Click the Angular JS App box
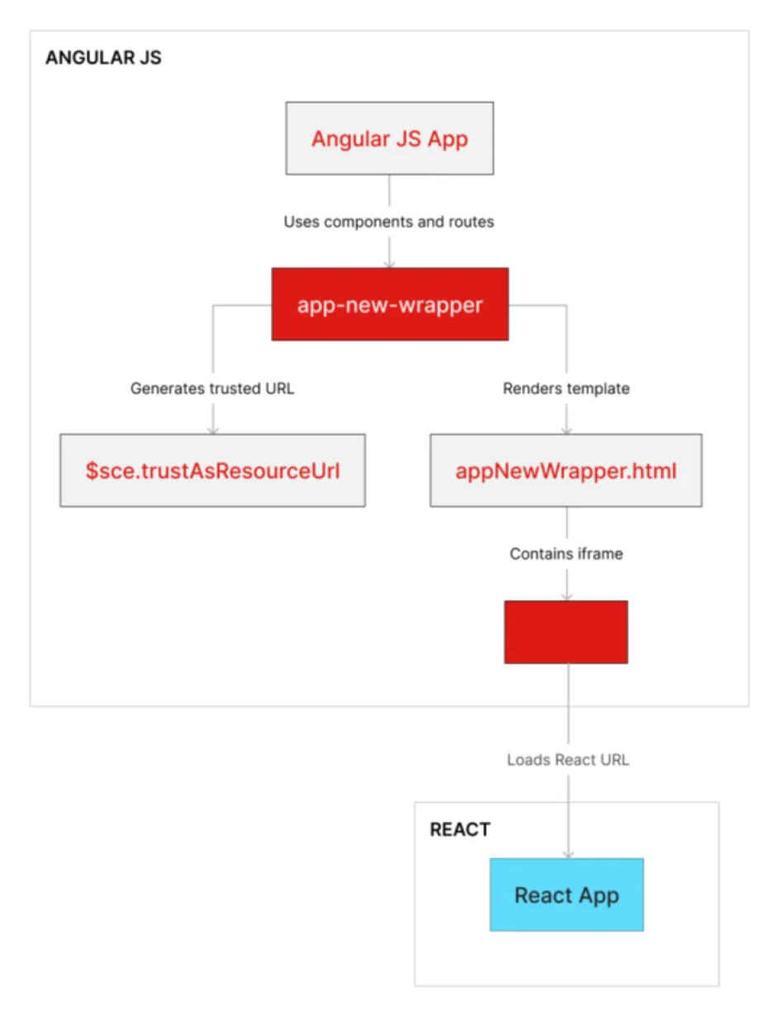coord(389,138)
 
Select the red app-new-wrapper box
coord(389,304)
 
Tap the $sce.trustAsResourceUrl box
coord(212,470)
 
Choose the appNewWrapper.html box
coord(566,470)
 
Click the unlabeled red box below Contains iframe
coord(566,631)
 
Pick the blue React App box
coord(566,895)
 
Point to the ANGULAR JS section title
coord(103,58)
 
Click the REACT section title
coord(459,830)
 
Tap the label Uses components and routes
coord(389,222)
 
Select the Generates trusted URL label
coord(212,388)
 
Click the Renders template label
coord(566,388)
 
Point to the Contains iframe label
coord(566,554)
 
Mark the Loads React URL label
coord(568,759)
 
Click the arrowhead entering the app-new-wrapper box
coord(389,263)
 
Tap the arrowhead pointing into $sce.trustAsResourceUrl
coord(212,429)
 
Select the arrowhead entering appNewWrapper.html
coord(566,429)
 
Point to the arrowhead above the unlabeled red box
coord(566,595)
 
